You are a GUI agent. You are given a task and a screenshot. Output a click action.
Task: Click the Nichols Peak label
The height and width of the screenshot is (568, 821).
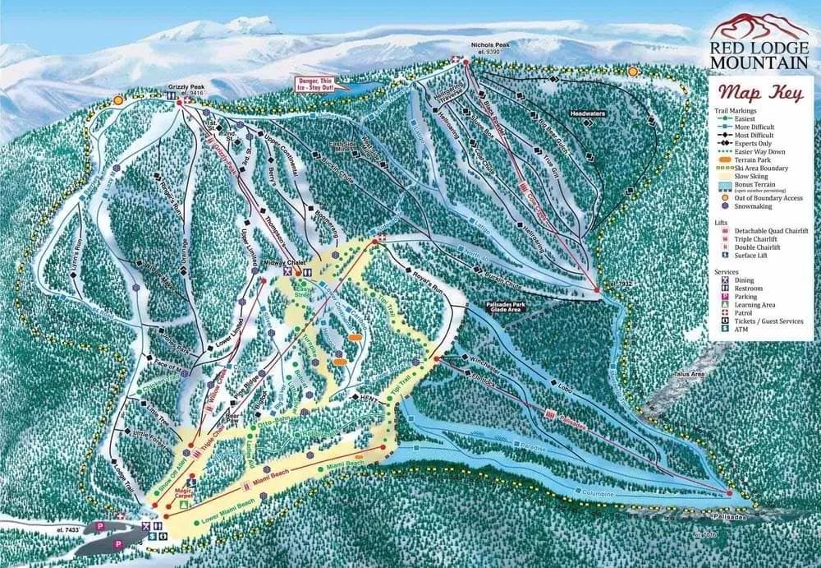tap(491, 46)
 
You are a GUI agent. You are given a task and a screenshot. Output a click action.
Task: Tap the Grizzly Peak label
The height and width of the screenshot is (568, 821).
tap(185, 85)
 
